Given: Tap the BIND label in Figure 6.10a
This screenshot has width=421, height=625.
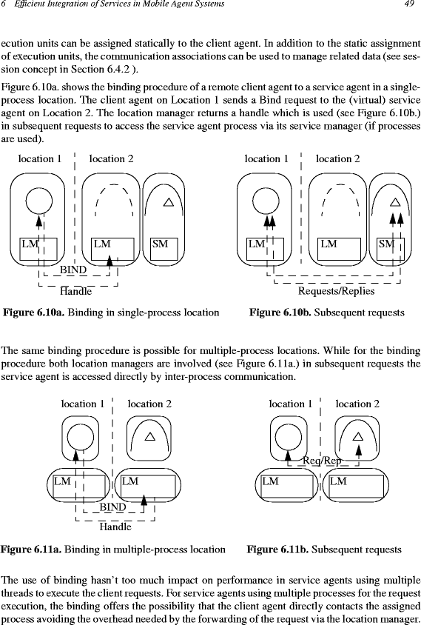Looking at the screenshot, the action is click(73, 270).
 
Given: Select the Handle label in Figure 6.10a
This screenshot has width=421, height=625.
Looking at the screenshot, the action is click(75, 291).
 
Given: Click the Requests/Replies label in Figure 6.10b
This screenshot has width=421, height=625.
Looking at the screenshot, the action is click(336, 291).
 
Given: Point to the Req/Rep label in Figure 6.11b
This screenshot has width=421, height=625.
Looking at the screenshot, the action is click(322, 461).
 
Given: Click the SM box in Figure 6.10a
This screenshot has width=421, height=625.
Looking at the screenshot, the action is click(164, 249).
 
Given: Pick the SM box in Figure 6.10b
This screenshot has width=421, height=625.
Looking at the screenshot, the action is click(391, 249).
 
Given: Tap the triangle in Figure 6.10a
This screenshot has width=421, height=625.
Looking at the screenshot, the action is click(169, 202).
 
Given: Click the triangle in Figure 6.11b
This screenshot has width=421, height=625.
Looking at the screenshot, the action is click(358, 436).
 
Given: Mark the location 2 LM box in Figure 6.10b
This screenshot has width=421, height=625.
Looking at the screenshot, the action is click(339, 249).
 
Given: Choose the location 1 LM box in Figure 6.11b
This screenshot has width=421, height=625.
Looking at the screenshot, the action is click(287, 487).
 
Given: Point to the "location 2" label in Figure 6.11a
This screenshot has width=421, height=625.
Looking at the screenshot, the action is click(149, 404).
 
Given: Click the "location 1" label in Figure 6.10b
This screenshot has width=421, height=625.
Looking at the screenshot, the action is click(266, 158).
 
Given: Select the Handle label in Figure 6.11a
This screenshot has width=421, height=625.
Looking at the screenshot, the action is click(115, 527).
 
